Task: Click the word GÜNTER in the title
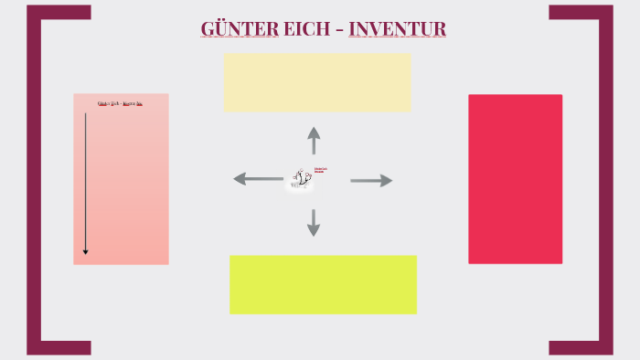click(240, 29)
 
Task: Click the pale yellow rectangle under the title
click(317, 82)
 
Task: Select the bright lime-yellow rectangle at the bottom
click(323, 284)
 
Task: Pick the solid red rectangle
click(515, 179)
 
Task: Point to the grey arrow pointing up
click(314, 140)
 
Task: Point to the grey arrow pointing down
click(314, 223)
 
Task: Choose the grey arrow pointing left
click(258, 179)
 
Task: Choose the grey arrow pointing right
click(371, 181)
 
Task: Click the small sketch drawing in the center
click(300, 179)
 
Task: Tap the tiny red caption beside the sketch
click(320, 170)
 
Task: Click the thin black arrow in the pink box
click(86, 183)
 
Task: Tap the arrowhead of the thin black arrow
click(86, 251)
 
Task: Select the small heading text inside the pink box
click(120, 103)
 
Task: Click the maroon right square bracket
click(605, 179)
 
